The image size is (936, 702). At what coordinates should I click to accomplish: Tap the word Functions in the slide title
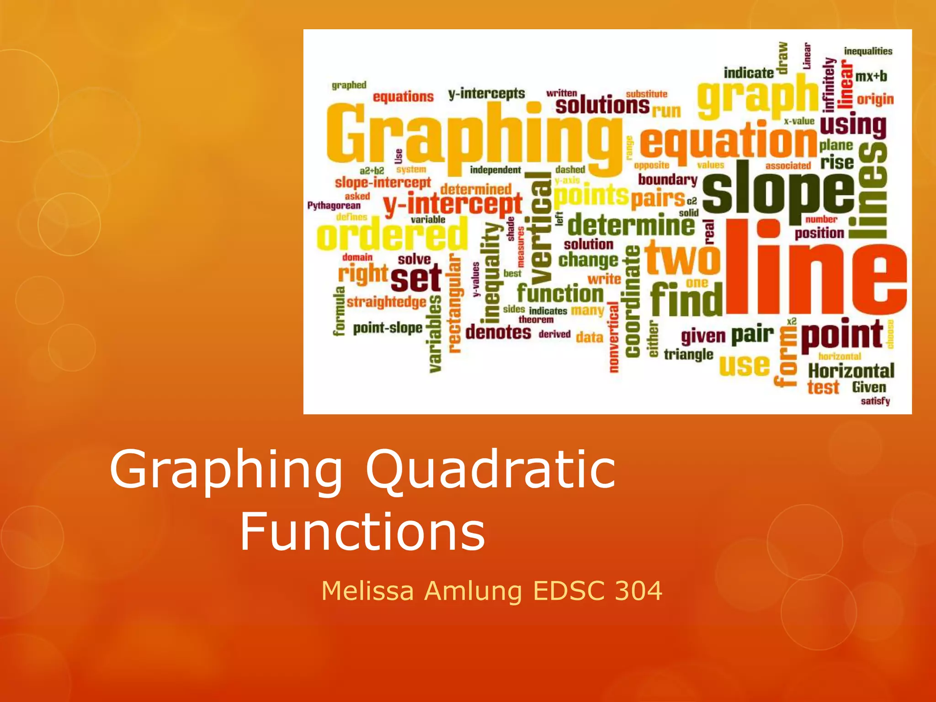coord(362,532)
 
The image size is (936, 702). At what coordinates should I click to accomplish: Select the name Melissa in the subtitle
coord(367,590)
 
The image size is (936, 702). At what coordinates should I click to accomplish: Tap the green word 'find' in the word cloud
coord(686,299)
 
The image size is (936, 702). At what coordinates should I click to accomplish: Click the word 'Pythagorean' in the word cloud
coord(334,206)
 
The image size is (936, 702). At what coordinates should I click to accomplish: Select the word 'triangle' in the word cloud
coord(688,354)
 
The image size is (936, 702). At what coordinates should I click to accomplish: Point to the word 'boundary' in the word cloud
coord(668,180)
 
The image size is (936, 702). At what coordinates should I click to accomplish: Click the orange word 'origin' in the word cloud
coord(875,99)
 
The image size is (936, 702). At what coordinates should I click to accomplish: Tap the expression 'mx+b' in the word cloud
coord(871,76)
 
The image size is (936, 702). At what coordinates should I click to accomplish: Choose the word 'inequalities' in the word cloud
coord(868,51)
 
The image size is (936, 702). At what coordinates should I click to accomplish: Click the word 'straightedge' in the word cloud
coord(386,302)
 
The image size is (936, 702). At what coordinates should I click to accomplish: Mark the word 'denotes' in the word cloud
coord(498,332)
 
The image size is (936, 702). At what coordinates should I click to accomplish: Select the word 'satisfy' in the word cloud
coord(875,401)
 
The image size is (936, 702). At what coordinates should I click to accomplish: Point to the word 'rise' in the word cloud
coord(837,162)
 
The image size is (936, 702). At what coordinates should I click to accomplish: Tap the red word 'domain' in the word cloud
coord(357,257)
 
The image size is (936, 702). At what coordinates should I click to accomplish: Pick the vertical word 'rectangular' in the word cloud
coord(454,303)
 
